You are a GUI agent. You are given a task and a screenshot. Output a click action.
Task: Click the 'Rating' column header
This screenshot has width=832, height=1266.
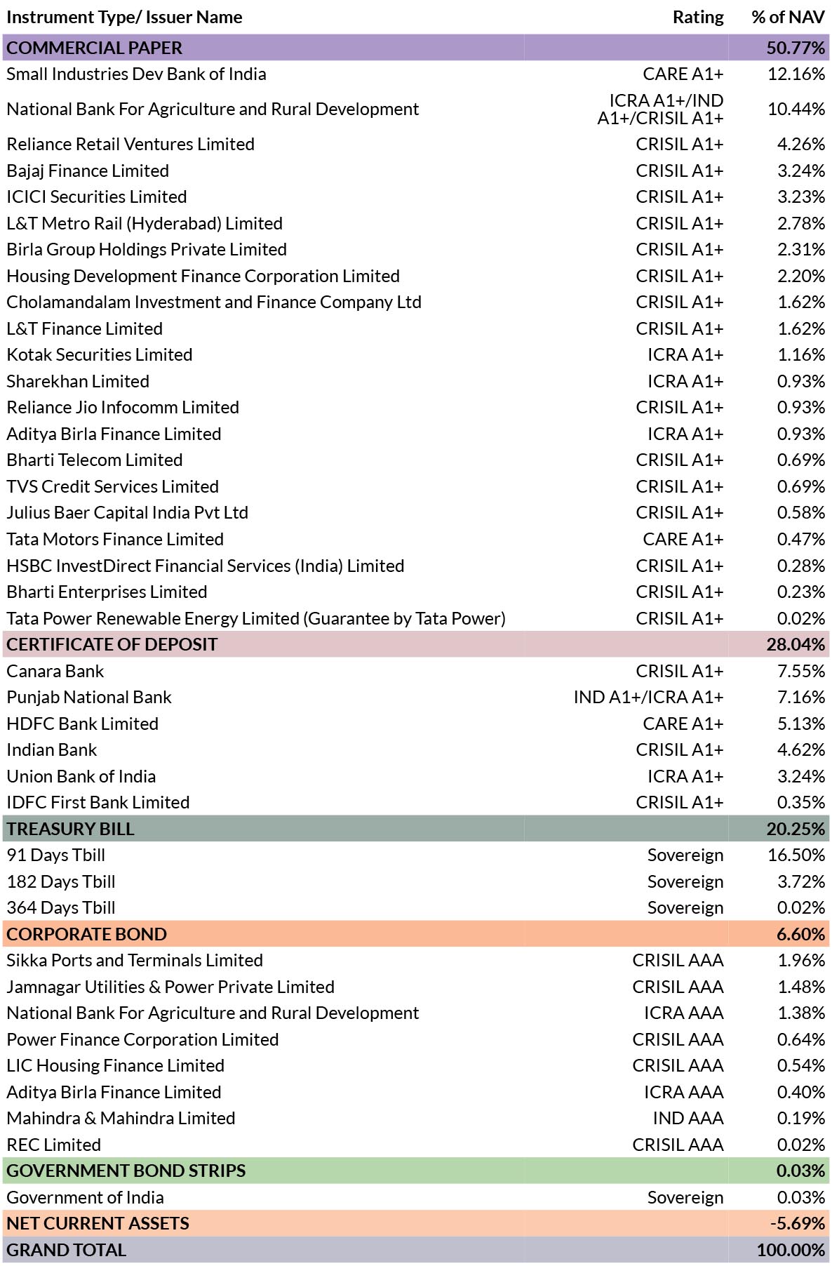[698, 18]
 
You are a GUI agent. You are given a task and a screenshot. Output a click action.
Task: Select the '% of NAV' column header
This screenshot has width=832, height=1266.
[788, 18]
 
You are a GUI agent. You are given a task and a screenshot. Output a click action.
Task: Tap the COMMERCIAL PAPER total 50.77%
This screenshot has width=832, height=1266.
[796, 48]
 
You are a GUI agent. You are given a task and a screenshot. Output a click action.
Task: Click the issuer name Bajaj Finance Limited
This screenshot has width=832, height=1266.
[88, 171]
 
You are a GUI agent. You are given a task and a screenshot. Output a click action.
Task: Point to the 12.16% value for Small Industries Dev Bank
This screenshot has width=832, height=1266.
[796, 74]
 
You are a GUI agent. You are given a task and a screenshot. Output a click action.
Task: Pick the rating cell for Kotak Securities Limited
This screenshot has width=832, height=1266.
[685, 354]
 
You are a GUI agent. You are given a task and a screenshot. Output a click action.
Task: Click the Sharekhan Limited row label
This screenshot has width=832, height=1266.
[78, 381]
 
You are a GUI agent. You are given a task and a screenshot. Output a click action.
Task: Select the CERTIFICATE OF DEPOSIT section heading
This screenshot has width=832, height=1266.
[112, 644]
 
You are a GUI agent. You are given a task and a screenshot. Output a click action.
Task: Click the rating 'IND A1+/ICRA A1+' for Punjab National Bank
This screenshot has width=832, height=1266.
[648, 697]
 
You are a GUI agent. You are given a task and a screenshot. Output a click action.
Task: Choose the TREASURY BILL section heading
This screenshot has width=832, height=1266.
[70, 829]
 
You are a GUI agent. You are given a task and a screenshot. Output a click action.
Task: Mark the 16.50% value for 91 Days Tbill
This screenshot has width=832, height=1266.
[796, 855]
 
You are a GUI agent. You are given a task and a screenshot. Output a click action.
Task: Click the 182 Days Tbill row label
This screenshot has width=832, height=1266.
[61, 881]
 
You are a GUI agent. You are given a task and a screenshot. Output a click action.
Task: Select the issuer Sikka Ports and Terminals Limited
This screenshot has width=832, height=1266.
[135, 960]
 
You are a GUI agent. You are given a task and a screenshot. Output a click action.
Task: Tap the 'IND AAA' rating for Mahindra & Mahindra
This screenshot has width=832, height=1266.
[688, 1118]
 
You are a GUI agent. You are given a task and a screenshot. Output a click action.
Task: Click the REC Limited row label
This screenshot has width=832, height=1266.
[54, 1145]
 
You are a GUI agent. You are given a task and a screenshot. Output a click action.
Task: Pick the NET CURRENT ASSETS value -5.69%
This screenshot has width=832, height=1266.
[798, 1223]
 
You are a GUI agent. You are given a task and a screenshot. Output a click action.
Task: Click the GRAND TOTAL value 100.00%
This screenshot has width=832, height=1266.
[791, 1250]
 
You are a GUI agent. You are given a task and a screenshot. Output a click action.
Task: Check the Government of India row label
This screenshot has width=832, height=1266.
[85, 1197]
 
